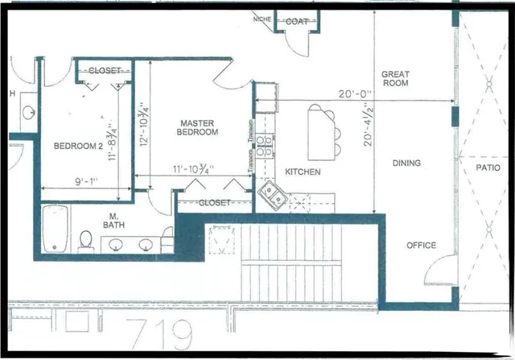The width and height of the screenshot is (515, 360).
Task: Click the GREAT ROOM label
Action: pyautogui.click(x=395, y=79)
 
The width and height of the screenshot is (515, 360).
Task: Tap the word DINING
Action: pyautogui.click(x=406, y=163)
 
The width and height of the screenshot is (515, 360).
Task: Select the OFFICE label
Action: pyautogui.click(x=421, y=246)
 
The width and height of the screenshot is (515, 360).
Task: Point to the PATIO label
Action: pyautogui.click(x=488, y=168)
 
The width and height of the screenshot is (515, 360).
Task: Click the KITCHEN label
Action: pyautogui.click(x=303, y=172)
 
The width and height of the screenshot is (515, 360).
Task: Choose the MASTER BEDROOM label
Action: pyautogui.click(x=198, y=126)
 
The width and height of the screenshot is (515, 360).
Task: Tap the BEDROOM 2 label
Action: pyautogui.click(x=78, y=147)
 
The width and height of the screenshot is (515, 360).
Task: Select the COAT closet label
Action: pyautogui.click(x=296, y=22)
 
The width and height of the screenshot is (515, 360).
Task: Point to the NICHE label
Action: pyautogui.click(x=262, y=19)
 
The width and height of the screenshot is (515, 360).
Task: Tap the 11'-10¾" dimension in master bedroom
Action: pyautogui.click(x=192, y=170)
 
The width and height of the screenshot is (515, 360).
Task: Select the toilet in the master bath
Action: pyautogui.click(x=86, y=240)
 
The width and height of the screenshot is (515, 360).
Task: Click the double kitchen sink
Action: pyautogui.click(x=271, y=194)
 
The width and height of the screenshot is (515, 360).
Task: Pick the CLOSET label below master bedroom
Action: pyautogui.click(x=213, y=204)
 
